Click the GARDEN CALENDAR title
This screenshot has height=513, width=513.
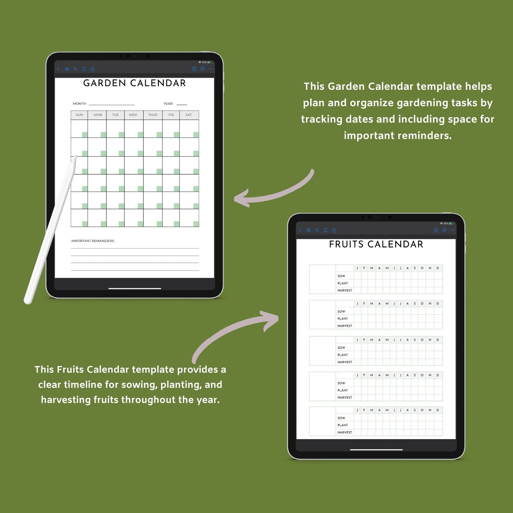tap(135, 83)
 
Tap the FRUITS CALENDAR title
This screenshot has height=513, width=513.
tap(376, 244)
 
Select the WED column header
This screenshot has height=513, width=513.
tap(133, 115)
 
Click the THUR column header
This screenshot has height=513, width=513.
tap(153, 115)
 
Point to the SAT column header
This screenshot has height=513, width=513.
tap(189, 115)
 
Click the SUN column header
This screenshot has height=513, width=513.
tap(79, 115)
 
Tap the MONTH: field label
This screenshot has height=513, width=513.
tap(80, 104)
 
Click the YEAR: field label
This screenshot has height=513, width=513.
tap(168, 104)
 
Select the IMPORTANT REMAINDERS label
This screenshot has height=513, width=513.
tap(93, 241)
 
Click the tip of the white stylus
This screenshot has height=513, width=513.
tap(75, 156)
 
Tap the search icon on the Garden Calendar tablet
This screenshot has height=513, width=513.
tap(75, 69)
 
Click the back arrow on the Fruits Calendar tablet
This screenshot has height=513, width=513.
tap(300, 230)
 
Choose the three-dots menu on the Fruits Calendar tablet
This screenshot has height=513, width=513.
tap(453, 230)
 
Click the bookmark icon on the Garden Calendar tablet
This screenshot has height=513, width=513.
tap(84, 69)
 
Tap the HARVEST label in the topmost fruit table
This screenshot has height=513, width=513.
tap(345, 290)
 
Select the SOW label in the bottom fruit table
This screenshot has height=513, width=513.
tap(341, 418)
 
